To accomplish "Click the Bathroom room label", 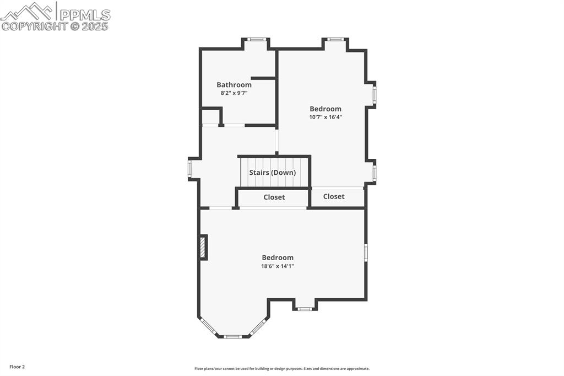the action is [234, 85].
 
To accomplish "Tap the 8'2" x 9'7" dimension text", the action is [234, 93].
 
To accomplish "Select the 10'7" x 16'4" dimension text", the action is [326, 117].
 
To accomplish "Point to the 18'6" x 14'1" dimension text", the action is [278, 266].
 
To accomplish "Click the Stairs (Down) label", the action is [273, 173].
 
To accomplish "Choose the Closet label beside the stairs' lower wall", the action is [274, 197].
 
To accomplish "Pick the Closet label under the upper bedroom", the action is [334, 196].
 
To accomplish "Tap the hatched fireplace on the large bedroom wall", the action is [204, 247].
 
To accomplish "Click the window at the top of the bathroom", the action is [256, 39].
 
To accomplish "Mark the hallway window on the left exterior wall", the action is [189, 169].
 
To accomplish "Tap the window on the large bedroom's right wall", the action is [366, 252].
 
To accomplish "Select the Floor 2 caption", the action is [17, 367].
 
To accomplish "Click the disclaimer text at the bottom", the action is [282, 368].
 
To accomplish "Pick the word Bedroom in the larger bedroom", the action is [278, 257].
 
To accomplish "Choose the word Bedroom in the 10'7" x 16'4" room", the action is [326, 109].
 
